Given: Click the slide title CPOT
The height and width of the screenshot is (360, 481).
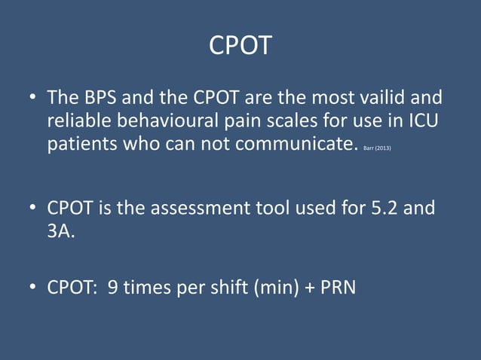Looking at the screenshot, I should (240, 46).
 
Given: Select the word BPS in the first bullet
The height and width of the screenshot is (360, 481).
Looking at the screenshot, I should (101, 99).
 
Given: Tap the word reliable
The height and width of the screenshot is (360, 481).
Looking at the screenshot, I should (82, 121).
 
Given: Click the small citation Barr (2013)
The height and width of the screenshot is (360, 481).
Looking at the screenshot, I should (377, 148).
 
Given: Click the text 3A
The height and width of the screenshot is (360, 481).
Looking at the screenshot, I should (61, 230).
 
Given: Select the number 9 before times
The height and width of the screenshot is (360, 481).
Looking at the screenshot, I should (113, 286).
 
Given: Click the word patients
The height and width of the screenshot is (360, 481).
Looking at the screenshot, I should (81, 144).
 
